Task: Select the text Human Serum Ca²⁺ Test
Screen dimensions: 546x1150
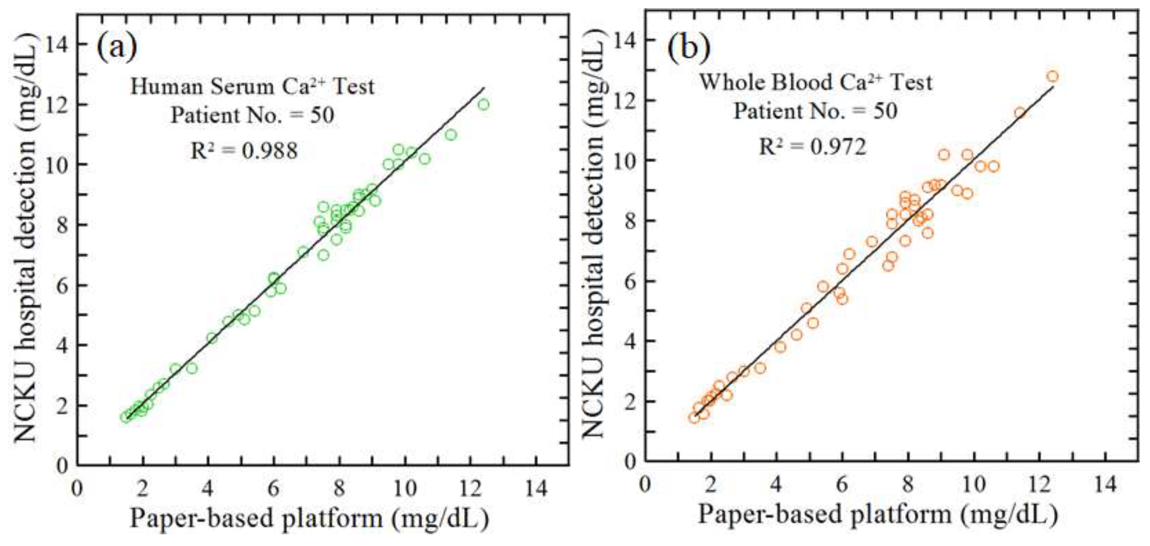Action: point(252,86)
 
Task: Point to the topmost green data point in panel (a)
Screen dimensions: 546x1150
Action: point(484,105)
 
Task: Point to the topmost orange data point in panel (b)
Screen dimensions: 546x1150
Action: point(1053,77)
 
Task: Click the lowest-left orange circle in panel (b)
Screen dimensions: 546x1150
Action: point(694,418)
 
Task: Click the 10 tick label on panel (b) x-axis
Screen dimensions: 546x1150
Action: point(974,484)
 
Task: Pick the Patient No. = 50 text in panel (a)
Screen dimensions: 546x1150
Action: point(252,116)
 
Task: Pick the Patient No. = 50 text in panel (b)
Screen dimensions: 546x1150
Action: point(815,111)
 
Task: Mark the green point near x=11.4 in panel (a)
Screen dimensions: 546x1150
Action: point(451,134)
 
